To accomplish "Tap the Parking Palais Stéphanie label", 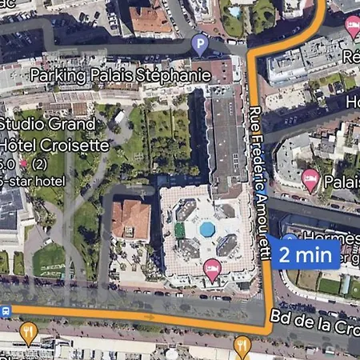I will pyautogui.click(x=119, y=75).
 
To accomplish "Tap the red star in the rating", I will pyautogui.click(x=23, y=164).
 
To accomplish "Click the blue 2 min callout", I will pyautogui.click(x=305, y=255).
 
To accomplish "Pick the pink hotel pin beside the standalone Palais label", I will pyautogui.click(x=310, y=179).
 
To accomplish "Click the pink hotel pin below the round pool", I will pyautogui.click(x=212, y=269).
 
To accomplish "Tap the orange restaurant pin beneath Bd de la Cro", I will pyautogui.click(x=242, y=346).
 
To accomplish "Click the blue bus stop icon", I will pyautogui.click(x=6, y=310).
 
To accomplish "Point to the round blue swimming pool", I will pyautogui.click(x=206, y=230).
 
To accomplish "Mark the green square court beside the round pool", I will pyautogui.click(x=181, y=230).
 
